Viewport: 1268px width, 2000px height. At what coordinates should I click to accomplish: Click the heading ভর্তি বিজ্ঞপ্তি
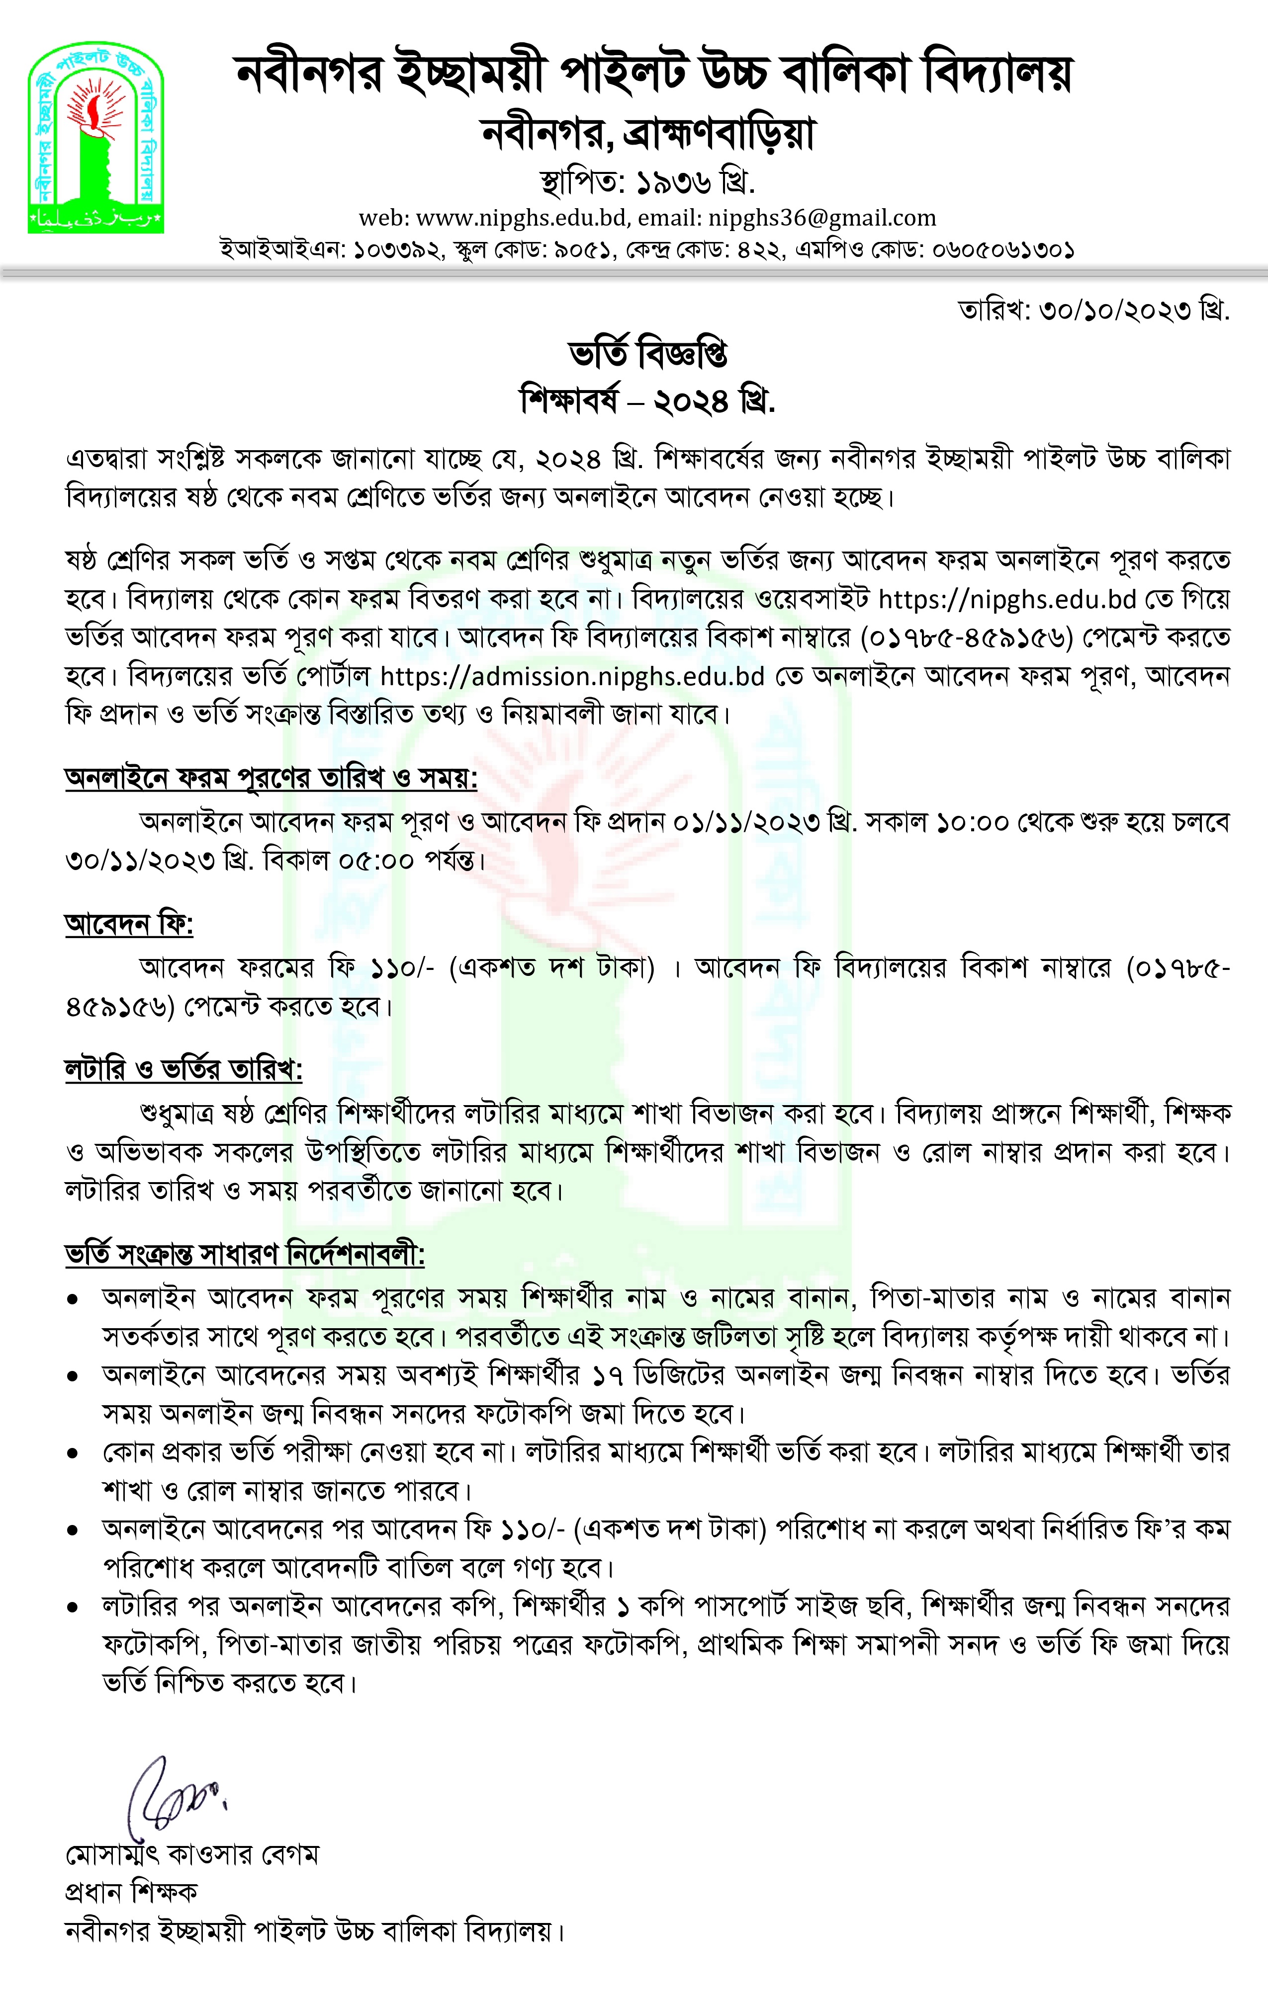point(648,355)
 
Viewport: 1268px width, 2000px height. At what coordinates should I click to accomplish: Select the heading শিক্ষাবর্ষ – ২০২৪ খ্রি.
point(648,401)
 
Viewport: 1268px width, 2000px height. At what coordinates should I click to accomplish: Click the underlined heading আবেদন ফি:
point(129,924)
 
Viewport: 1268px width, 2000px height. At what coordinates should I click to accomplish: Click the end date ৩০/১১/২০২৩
point(140,861)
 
